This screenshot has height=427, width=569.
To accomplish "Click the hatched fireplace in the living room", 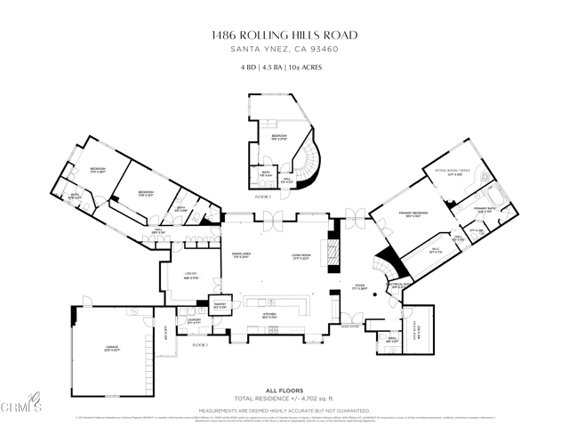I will click(x=334, y=245).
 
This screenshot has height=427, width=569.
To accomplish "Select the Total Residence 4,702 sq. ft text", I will click(x=284, y=399).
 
